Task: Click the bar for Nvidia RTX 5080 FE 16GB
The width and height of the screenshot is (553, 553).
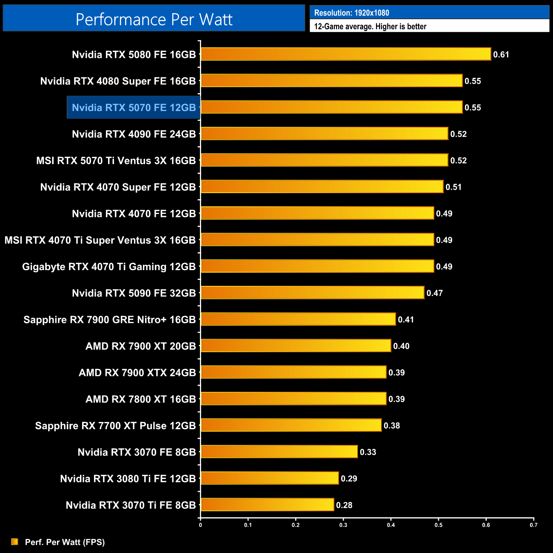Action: (x=345, y=54)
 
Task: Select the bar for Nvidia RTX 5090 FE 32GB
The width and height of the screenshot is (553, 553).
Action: (x=312, y=293)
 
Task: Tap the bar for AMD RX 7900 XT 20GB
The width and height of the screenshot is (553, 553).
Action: (x=296, y=346)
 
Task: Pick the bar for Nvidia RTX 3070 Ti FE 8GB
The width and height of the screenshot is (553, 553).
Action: (x=267, y=505)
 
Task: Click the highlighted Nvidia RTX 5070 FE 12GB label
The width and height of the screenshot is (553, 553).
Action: (x=134, y=108)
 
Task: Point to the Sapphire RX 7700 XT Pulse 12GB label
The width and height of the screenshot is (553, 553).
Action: (x=115, y=426)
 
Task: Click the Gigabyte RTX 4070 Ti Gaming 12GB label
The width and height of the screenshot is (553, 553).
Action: (x=109, y=267)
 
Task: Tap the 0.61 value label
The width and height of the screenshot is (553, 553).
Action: (x=501, y=54)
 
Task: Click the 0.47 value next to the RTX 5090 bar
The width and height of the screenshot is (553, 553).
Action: (x=435, y=293)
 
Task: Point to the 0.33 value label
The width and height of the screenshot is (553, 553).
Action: (x=368, y=452)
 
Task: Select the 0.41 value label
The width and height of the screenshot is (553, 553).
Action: (x=406, y=319)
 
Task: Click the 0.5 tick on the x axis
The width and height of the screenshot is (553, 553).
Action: (x=438, y=525)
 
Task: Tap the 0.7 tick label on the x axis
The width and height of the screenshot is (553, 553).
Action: (x=533, y=525)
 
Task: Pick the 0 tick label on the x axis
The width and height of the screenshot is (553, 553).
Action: (x=200, y=525)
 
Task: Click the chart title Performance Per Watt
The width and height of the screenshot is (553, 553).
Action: (x=154, y=20)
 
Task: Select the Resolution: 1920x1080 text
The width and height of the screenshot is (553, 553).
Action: (x=351, y=13)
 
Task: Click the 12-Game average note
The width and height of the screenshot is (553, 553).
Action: (x=370, y=26)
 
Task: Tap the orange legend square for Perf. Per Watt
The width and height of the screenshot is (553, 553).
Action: (x=15, y=542)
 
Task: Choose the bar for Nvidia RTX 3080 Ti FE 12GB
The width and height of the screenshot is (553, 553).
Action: (x=270, y=478)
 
